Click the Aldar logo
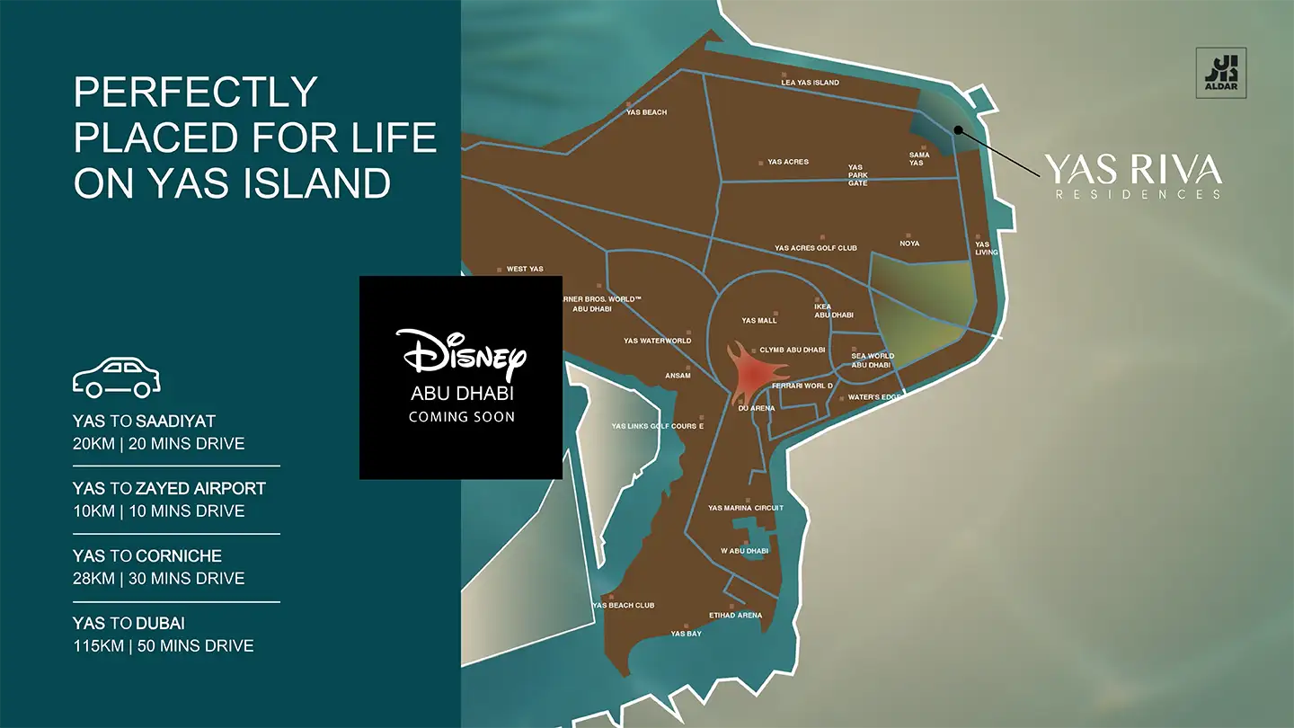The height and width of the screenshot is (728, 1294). [1225, 72]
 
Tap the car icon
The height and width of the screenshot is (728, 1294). [117, 377]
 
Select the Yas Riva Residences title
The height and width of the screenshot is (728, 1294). [1132, 169]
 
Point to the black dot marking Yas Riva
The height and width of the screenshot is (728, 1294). [959, 129]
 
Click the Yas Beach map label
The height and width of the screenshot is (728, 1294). [646, 112]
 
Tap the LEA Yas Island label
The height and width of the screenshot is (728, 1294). [810, 83]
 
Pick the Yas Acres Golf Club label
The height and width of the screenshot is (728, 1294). [815, 248]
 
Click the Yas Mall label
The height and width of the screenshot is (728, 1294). [759, 320]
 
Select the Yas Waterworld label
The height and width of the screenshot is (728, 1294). [657, 341]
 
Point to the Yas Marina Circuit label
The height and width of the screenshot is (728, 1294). [745, 508]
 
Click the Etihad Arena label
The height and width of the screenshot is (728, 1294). [735, 616]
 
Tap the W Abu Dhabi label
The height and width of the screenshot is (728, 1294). [744, 551]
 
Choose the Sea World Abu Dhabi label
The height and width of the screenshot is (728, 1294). [872, 360]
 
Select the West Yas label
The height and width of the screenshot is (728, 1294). [525, 269]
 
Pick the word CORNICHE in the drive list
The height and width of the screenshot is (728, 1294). [179, 555]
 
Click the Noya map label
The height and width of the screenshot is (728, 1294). [909, 244]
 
